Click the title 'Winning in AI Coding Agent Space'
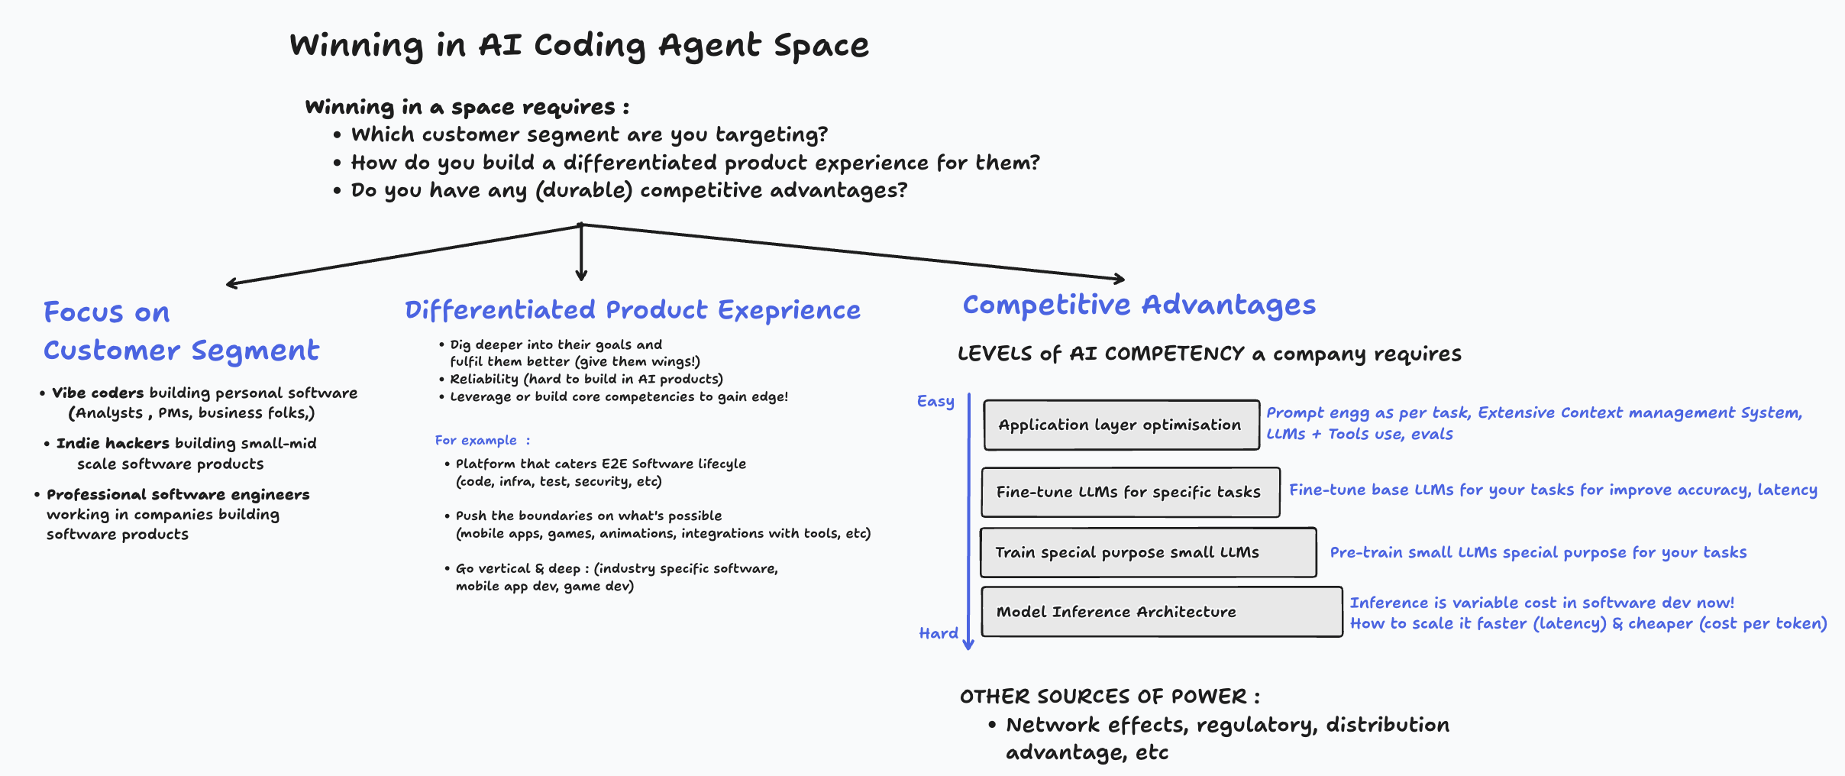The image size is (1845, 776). (579, 46)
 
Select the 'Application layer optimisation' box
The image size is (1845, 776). (1120, 425)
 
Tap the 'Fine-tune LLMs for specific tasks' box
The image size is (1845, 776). (1129, 492)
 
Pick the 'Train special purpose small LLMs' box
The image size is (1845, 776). (1147, 552)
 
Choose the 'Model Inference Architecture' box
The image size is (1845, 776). (1161, 612)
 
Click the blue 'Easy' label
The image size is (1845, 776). (935, 402)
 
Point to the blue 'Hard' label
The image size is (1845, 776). (939, 633)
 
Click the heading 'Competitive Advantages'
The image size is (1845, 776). (1139, 305)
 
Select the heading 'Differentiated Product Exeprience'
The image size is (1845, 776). (632, 310)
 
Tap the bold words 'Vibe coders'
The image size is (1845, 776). (98, 393)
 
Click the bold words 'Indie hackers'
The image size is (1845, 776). (113, 444)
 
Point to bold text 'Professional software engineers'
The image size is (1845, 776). (178, 495)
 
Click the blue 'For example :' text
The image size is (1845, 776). (482, 441)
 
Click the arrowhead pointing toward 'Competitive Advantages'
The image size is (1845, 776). (1120, 279)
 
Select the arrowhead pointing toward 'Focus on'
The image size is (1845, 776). (231, 284)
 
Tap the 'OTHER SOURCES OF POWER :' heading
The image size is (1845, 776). (1109, 697)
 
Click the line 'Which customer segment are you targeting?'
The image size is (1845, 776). (589, 135)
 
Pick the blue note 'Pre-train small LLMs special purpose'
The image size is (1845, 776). (1537, 552)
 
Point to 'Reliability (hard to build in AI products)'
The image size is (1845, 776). (586, 379)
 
